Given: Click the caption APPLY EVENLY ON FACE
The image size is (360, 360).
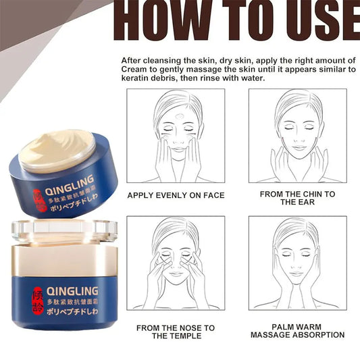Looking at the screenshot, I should [176, 195].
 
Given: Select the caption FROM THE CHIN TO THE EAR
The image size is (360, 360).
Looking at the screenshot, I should [297, 198].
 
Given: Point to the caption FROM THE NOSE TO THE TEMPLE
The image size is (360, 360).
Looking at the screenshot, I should [176, 332].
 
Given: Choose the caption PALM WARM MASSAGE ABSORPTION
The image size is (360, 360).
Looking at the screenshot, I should [297, 330].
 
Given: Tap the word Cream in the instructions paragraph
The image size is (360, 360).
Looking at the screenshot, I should [135, 69].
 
